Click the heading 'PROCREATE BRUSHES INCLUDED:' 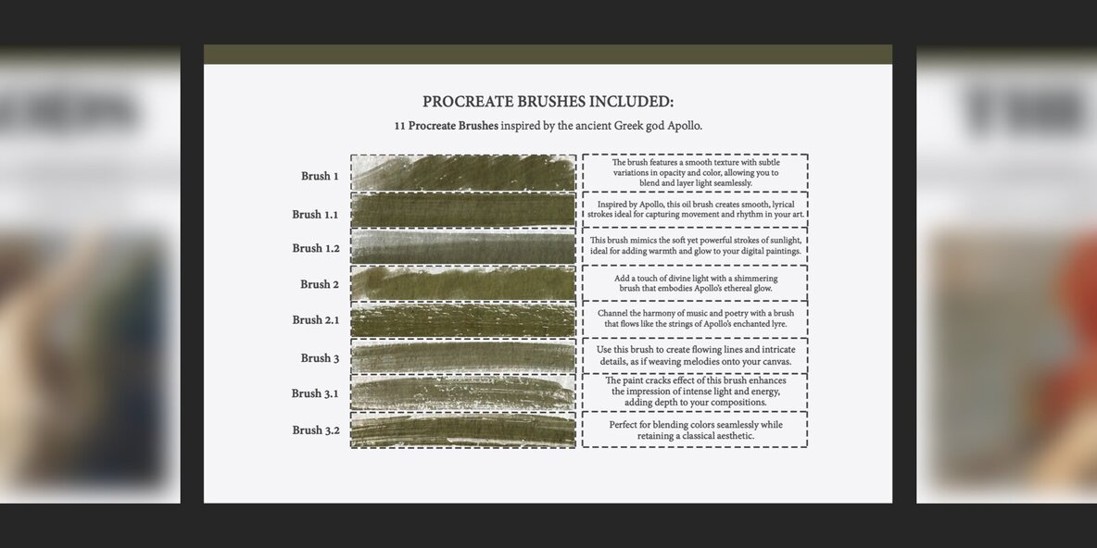(548, 101)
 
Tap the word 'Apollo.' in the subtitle (684, 127)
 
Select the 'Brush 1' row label (320, 176)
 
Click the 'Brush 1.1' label (316, 215)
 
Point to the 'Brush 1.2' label (316, 248)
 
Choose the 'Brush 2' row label (320, 284)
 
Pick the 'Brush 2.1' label (316, 320)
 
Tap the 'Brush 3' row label (320, 358)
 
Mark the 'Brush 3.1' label (315, 393)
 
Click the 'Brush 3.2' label (316, 430)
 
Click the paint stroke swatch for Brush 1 (463, 173)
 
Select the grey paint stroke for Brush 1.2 (463, 247)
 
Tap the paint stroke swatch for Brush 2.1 (463, 320)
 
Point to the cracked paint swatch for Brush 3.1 (463, 393)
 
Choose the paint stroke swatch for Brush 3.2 (463, 430)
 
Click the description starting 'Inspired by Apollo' (696, 209)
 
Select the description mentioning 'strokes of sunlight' (696, 245)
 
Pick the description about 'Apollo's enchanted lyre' (696, 318)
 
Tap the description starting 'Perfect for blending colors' (696, 430)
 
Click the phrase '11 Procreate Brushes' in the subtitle (447, 127)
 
